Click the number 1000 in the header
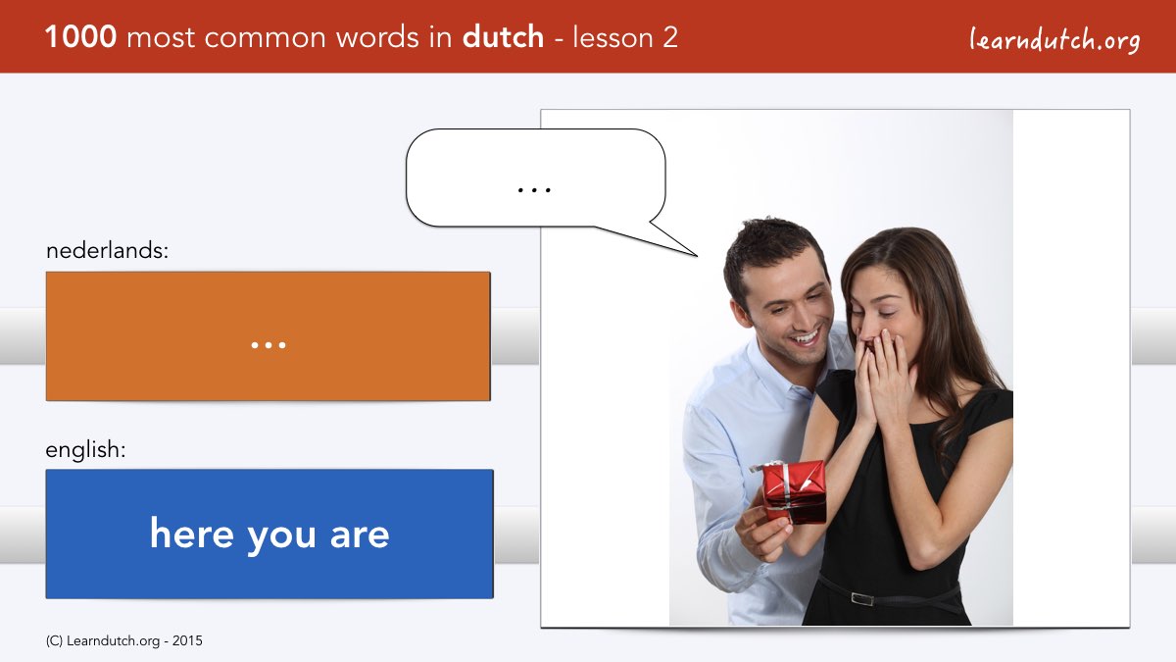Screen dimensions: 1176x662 tap(80, 37)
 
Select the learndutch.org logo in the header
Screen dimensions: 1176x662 tap(1054, 39)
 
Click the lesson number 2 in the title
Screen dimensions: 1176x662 tap(669, 37)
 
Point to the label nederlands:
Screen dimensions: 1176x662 tap(107, 250)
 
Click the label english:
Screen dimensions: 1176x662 tap(85, 449)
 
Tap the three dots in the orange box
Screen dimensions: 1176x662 tap(269, 345)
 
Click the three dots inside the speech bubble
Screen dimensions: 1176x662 tap(534, 189)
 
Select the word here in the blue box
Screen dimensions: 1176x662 tap(192, 534)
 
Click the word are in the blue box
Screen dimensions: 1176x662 tap(360, 535)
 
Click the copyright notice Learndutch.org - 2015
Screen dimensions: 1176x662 tap(123, 641)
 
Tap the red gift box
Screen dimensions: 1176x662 tap(794, 492)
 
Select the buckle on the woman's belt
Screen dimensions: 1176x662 tap(861, 598)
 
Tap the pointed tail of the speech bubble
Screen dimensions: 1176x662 tap(697, 256)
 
